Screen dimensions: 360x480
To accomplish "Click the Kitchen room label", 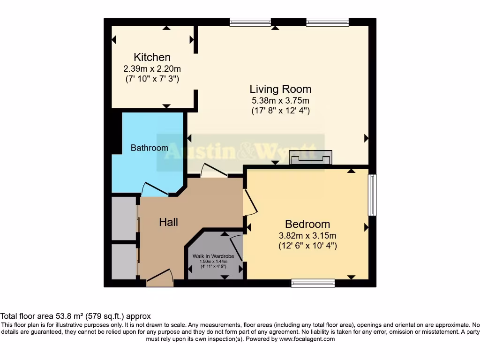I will [152, 57].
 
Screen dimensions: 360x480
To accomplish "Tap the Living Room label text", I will [280, 89].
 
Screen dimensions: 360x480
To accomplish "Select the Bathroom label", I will [149, 148].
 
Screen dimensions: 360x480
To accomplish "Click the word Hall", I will [168, 222].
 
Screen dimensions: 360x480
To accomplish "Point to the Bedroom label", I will [307, 224].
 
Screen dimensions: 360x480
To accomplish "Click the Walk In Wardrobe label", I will [213, 256].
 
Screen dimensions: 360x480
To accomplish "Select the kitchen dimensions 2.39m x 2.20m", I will [152, 68].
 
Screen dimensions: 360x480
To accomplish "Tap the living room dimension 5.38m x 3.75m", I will [280, 100].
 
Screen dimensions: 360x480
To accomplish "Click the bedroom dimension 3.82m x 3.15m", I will [307, 235].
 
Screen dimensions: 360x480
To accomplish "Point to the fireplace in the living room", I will [311, 158].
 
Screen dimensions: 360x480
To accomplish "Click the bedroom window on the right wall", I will [372, 195].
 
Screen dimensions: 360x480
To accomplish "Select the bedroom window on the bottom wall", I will [313, 283].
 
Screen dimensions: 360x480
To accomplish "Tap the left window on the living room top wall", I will [250, 22].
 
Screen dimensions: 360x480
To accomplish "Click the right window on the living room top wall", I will [327, 22].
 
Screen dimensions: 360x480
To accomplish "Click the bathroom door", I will [155, 189].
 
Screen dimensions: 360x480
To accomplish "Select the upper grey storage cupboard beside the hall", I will [124, 218].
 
